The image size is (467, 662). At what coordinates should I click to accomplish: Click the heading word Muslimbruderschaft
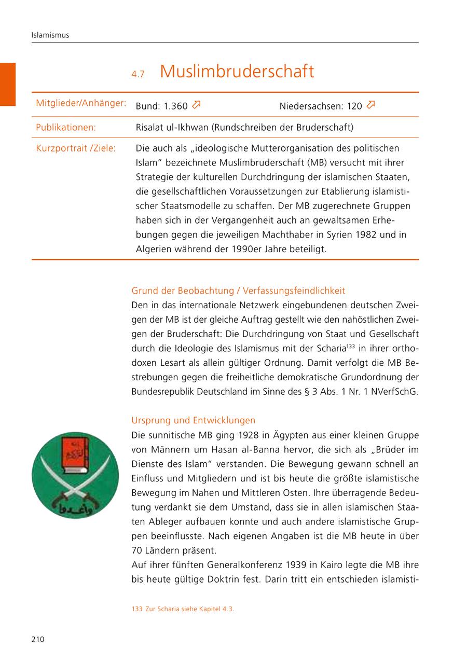(x=237, y=72)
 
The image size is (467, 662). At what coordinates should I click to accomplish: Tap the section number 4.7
(x=138, y=74)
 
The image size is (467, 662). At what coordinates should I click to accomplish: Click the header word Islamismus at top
(x=50, y=36)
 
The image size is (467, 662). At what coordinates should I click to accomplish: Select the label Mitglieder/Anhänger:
(x=81, y=103)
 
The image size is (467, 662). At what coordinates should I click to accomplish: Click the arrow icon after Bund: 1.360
(x=196, y=105)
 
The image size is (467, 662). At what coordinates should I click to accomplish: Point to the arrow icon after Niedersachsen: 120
(x=370, y=105)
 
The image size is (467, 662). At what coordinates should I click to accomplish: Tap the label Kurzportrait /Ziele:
(x=76, y=148)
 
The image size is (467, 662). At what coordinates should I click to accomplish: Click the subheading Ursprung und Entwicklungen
(x=193, y=420)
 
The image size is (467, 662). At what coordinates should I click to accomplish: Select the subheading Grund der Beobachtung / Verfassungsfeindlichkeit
(x=238, y=291)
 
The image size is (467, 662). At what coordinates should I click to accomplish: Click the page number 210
(x=37, y=639)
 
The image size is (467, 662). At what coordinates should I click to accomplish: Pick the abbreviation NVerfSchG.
(x=396, y=391)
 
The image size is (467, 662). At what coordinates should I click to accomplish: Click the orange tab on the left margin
(x=8, y=84)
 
